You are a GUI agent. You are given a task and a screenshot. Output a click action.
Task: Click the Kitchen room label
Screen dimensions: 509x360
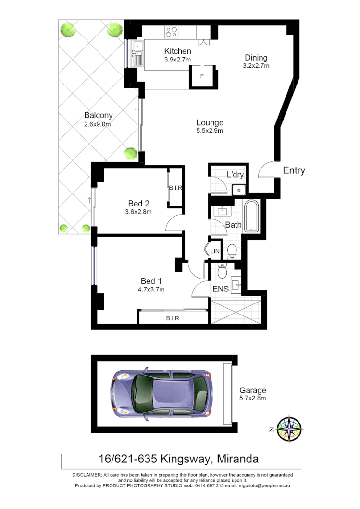pos(177,51)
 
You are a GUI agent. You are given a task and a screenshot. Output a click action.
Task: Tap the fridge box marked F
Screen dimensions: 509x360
pos(202,76)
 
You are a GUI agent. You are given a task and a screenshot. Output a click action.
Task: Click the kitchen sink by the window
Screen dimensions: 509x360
pos(137,52)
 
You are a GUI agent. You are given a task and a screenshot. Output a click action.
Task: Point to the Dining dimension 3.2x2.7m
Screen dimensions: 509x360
pos(256,66)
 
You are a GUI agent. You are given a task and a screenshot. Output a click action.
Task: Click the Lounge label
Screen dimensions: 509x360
pos(210,122)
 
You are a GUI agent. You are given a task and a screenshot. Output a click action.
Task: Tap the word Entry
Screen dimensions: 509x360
pos(294,170)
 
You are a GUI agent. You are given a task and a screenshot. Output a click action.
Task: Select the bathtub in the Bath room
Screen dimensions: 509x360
pos(252,217)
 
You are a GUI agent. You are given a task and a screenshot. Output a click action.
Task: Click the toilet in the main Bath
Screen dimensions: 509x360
pos(232,251)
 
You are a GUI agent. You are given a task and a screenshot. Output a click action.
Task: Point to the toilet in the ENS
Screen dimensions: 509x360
pos(222,271)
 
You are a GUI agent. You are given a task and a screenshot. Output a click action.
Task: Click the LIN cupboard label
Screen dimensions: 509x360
pos(214,251)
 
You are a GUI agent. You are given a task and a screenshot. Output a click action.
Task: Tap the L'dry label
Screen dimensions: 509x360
pos(236,175)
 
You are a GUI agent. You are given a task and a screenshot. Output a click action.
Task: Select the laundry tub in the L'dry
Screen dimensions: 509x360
pos(238,190)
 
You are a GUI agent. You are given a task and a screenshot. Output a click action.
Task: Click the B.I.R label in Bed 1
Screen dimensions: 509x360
pos(172,318)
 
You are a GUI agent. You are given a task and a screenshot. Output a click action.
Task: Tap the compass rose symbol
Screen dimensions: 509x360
pos(288,428)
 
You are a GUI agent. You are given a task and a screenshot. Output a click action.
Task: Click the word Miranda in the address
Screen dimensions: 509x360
pos(238,459)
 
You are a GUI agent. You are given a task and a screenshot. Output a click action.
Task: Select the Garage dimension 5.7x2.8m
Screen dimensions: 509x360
pos(253,398)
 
